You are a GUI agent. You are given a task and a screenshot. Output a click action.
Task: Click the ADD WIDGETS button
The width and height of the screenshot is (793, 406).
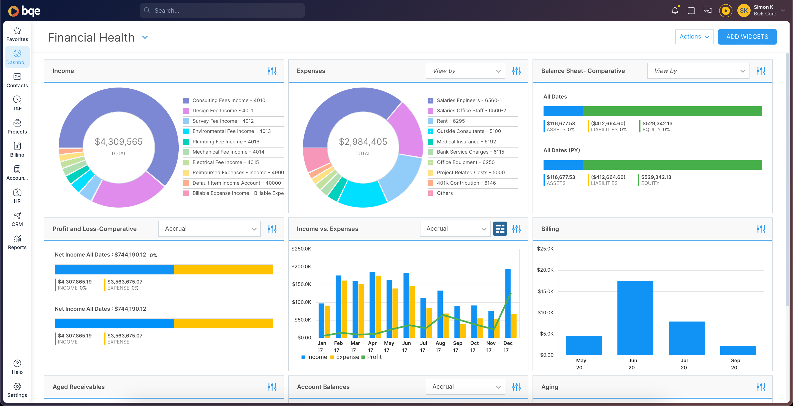747,37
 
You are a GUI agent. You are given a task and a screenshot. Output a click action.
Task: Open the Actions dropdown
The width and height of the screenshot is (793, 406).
694,37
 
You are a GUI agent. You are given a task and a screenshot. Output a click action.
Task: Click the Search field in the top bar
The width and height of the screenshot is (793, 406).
222,10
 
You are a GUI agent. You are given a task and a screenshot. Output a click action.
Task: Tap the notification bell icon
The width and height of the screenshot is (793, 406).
675,10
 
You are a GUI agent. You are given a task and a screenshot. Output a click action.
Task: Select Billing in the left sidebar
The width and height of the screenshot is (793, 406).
17,149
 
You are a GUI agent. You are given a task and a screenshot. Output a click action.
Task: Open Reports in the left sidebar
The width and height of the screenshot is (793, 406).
17,242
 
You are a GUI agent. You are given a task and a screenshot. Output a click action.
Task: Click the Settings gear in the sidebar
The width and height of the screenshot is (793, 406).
17,390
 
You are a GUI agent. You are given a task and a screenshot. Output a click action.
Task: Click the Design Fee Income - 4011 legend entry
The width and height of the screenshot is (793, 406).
222,110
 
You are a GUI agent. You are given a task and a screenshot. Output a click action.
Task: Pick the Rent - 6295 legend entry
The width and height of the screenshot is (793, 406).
450,121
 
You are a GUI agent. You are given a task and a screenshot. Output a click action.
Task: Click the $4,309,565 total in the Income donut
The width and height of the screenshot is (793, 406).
118,141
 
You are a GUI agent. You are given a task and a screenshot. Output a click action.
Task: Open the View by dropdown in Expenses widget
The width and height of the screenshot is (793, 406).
465,71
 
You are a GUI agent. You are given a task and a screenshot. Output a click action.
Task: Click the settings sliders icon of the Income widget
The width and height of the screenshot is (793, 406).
272,71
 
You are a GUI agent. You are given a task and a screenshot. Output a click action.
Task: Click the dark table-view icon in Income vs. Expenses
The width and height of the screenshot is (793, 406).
500,229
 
